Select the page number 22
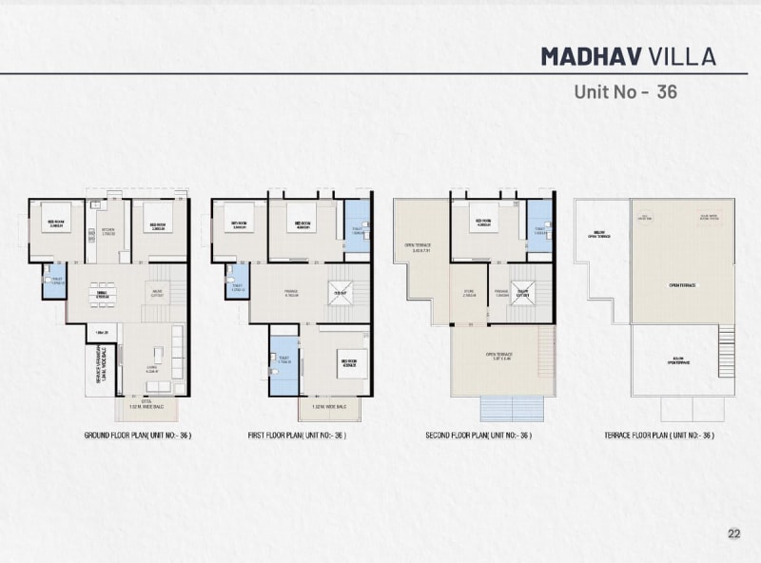(733, 534)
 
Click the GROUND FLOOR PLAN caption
(138, 435)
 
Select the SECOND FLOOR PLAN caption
(478, 435)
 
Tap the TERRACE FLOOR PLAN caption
(658, 435)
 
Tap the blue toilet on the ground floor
(55, 281)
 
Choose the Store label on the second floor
(469, 293)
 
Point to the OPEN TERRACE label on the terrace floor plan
(683, 284)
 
